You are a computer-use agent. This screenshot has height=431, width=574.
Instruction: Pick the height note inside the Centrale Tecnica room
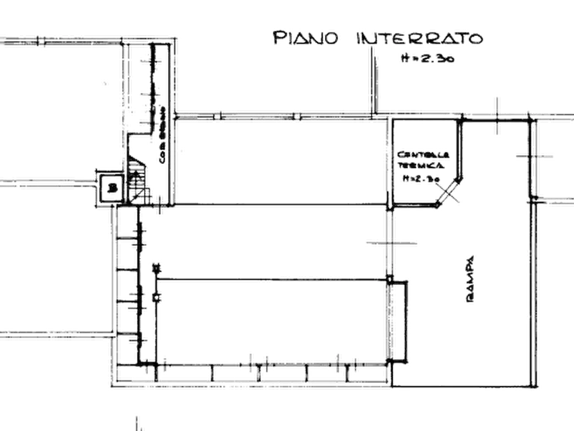coord(418,178)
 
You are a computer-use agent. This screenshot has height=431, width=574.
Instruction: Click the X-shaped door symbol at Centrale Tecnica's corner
coord(450,192)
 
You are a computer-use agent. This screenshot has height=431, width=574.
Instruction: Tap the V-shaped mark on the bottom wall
coord(258,372)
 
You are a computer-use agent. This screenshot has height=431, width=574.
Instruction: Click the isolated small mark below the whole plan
coord(137,421)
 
